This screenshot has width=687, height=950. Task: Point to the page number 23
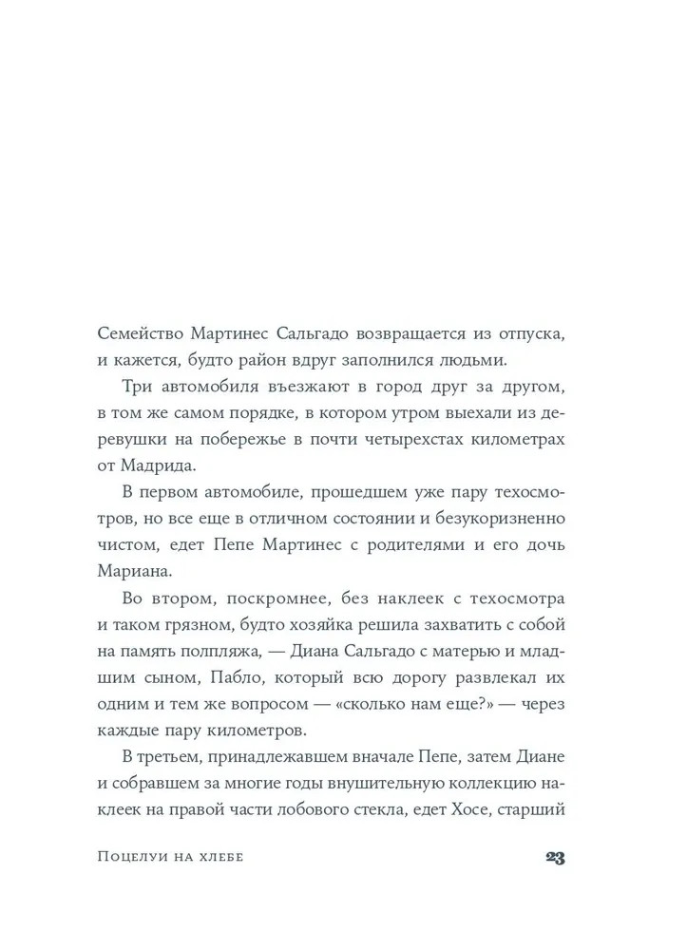pyautogui.click(x=555, y=857)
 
